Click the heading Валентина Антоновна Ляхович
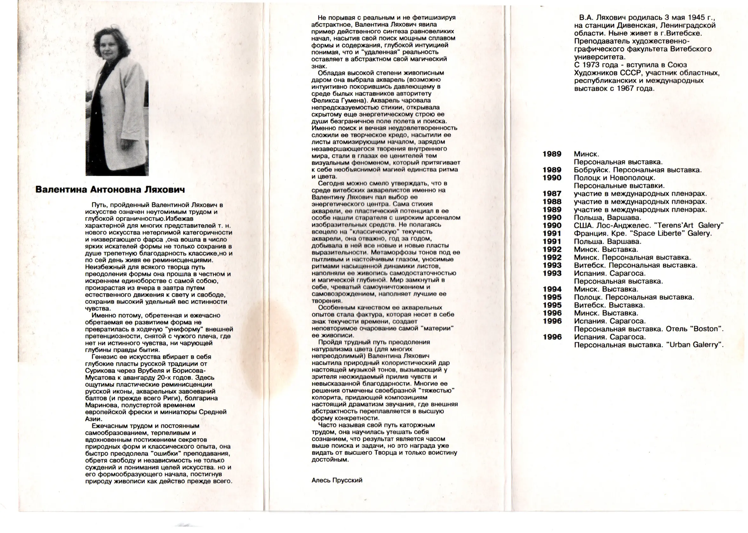110,190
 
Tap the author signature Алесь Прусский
337,480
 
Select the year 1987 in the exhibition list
552,194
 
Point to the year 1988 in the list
552,201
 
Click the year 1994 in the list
552,289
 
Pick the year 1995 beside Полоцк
552,297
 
